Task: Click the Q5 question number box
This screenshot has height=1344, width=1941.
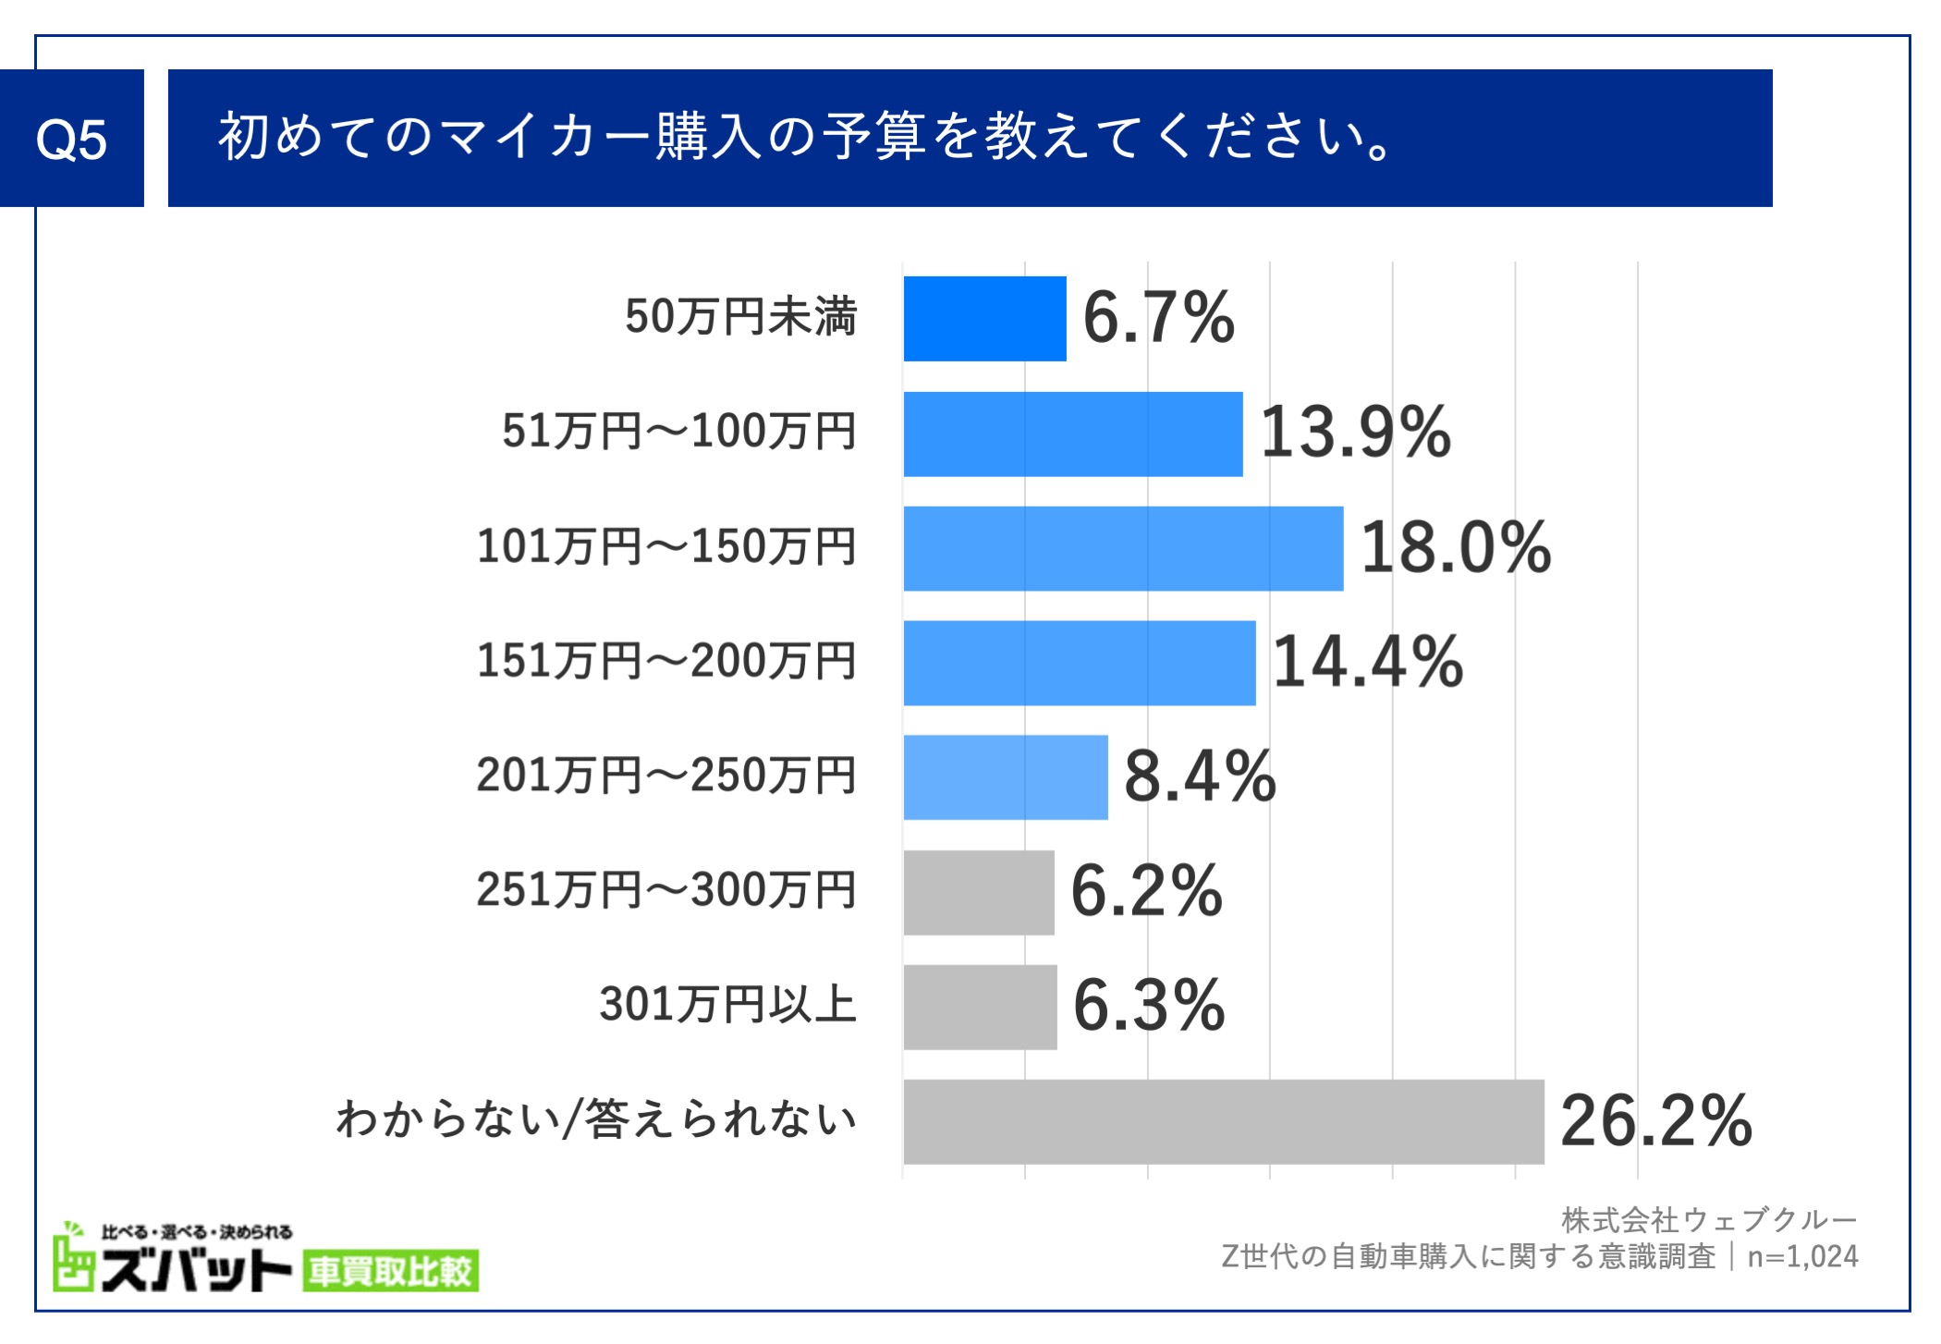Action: pos(71,139)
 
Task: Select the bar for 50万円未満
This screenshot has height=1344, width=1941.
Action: pos(984,319)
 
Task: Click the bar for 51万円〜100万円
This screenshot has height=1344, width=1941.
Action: pos(1072,434)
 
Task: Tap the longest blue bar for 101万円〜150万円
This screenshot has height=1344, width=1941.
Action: pos(1123,548)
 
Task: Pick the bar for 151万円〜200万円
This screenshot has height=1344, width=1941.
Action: pos(1079,663)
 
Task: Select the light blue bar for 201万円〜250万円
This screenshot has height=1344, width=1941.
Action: pos(1005,777)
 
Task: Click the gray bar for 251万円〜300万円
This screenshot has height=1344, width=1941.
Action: pos(978,892)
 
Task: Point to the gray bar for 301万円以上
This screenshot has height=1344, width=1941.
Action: pos(980,1007)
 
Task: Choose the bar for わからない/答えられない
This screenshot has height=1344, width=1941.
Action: pos(1223,1121)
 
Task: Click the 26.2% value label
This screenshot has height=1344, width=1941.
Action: pos(1655,1121)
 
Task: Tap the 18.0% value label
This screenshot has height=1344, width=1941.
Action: pos(1455,548)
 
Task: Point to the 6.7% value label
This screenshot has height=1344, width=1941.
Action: pos(1157,319)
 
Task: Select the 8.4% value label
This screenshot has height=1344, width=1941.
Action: pos(1199,777)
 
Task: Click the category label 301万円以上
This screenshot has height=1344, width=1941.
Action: pos(727,1005)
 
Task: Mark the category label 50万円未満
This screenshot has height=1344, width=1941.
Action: pos(740,317)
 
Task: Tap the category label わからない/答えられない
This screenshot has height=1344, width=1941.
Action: pos(596,1119)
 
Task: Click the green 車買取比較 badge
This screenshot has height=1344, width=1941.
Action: pos(390,1272)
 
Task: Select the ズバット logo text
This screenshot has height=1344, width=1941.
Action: pos(196,1272)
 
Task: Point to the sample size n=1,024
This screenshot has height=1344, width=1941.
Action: pos(1801,1257)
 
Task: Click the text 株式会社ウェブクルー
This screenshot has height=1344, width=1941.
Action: pos(1708,1220)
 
